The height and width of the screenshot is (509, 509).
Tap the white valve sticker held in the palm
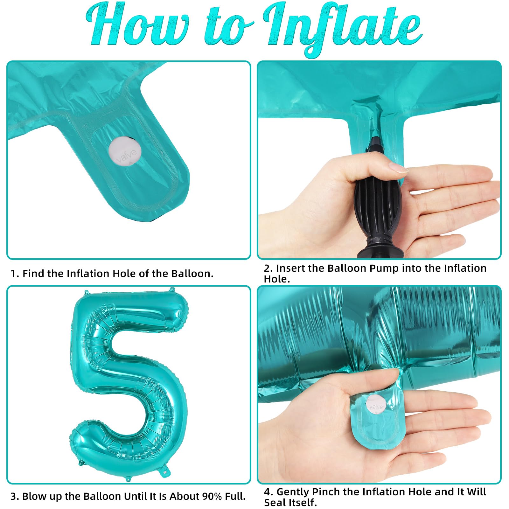pos(376,405)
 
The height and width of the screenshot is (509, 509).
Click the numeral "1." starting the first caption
pos(15,274)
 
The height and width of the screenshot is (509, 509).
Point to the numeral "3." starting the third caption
pos(15,496)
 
